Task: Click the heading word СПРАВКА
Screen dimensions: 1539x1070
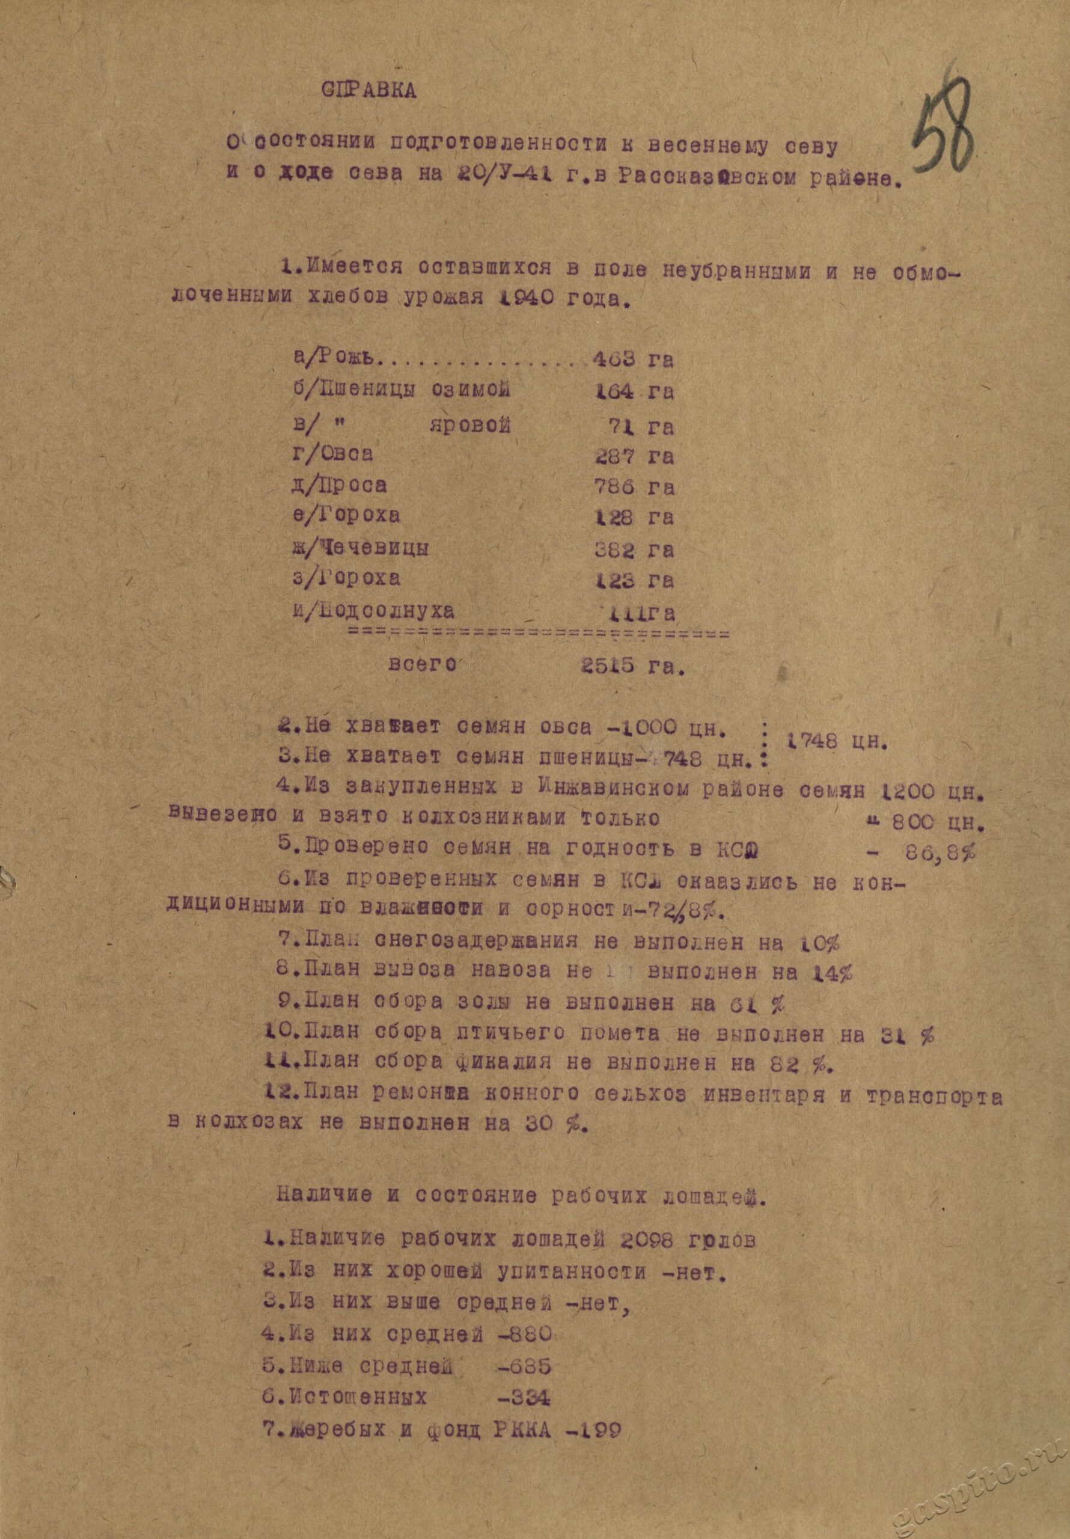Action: point(370,92)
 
